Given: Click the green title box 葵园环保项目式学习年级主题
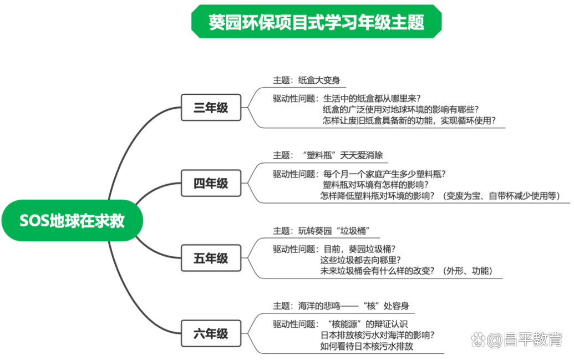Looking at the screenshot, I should (316, 22).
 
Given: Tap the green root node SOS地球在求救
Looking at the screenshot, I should (72, 221).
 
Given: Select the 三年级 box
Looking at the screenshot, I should (211, 108).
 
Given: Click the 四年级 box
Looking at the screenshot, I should (211, 183).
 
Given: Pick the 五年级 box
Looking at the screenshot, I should (211, 258).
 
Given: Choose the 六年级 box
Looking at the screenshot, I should (211, 334).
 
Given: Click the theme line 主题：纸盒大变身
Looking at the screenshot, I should (306, 80).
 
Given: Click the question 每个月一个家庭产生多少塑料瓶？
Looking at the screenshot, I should (384, 174).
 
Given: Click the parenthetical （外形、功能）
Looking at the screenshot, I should (468, 271).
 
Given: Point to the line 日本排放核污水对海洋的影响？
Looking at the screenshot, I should (377, 336).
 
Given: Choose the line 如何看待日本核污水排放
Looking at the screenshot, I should (367, 346).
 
